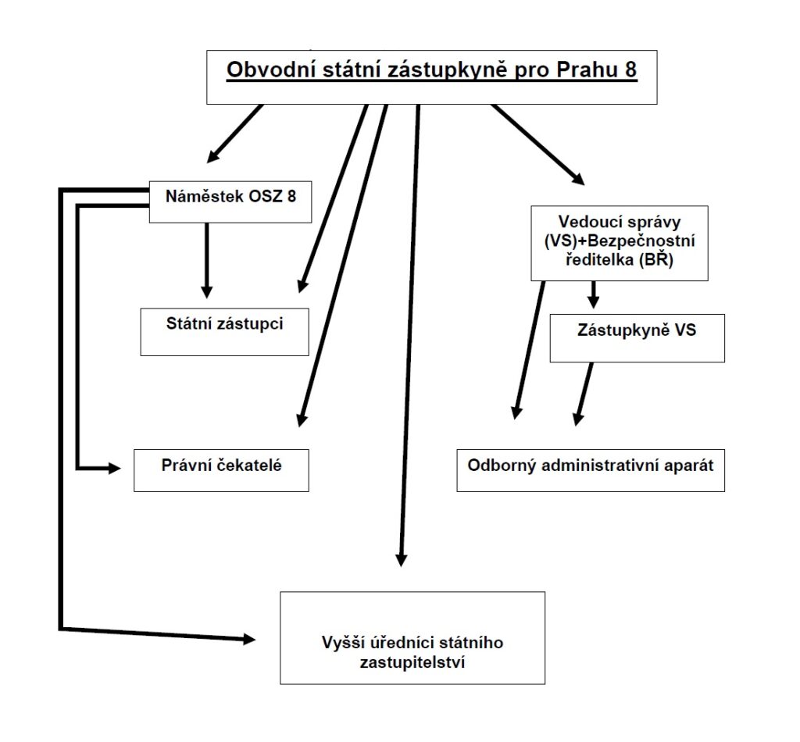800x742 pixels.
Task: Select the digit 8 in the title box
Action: coord(630,70)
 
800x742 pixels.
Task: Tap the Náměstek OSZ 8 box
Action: coord(230,202)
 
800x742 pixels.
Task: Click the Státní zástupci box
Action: coord(224,331)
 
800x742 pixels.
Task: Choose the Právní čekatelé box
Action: coord(221,470)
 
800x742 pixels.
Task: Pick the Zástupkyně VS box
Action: coord(637,338)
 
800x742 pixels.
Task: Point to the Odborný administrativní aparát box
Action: coord(591,470)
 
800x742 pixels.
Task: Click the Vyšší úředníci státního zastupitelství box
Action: coord(412,637)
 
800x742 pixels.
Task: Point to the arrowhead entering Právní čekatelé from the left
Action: coord(115,468)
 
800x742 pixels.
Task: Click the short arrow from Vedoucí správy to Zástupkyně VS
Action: coord(593,294)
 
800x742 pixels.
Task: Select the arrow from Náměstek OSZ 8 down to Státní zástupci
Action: coord(206,261)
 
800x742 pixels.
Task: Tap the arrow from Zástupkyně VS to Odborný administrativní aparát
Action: coord(584,394)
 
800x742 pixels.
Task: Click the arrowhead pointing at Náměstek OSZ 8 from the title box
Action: coord(212,157)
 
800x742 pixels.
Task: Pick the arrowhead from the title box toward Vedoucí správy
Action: coord(578,179)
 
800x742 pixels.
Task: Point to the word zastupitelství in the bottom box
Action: coord(412,662)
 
